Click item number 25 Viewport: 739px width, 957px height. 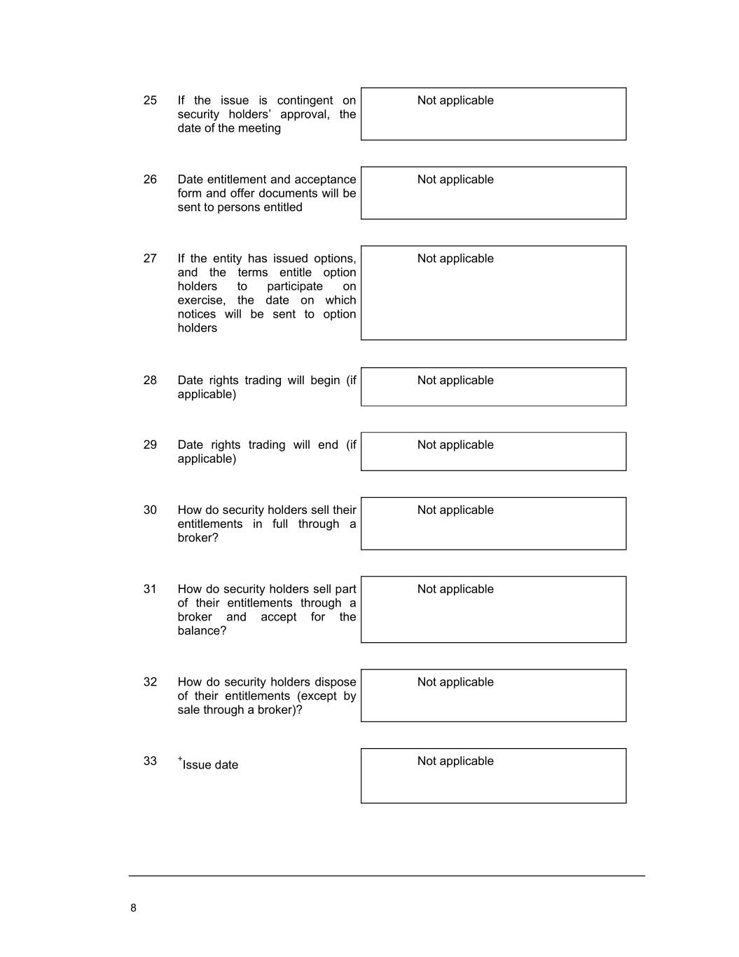click(150, 100)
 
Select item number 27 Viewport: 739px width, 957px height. click(150, 259)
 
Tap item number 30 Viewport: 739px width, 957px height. click(150, 510)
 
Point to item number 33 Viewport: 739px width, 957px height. click(150, 761)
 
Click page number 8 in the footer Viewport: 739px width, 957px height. click(133, 908)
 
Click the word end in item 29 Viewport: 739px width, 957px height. click(328, 445)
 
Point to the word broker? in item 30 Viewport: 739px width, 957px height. click(198, 538)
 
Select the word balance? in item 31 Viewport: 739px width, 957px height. click(202, 631)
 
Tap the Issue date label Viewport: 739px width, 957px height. click(210, 765)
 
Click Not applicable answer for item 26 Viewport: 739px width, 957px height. click(455, 179)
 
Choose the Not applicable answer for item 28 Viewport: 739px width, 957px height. click(455, 381)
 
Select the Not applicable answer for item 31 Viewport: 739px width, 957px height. click(455, 590)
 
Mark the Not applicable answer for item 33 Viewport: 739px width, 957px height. click(455, 761)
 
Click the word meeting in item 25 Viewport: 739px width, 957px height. click(259, 128)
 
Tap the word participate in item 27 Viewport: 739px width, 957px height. click(294, 287)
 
